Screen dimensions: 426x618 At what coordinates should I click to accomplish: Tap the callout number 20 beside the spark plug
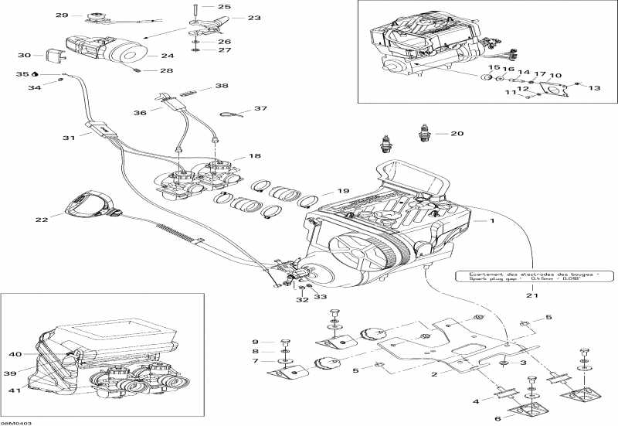coord(457,134)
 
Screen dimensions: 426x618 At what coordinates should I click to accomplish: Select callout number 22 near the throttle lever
coord(42,220)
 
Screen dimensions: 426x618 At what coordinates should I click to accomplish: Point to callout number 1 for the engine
coord(489,221)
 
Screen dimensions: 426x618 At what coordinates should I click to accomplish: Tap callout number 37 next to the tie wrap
coord(260,109)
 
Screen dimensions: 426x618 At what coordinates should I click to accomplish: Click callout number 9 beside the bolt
coord(254,341)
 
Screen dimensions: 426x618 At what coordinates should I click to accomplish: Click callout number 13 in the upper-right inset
coord(594,88)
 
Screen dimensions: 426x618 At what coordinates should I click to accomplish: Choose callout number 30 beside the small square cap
coord(24,55)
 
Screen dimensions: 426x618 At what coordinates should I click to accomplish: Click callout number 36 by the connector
coord(140,113)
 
